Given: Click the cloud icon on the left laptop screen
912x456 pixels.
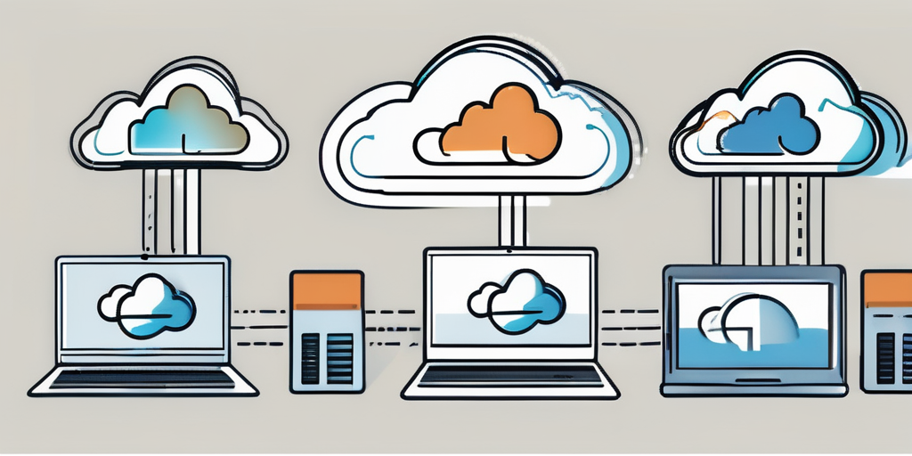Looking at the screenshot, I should click(x=148, y=308).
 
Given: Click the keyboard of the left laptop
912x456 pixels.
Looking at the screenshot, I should click(x=142, y=379).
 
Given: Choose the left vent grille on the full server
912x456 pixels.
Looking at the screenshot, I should click(x=310, y=358).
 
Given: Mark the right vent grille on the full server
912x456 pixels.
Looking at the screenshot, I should click(x=340, y=358).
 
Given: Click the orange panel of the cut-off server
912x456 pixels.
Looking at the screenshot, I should click(x=888, y=290).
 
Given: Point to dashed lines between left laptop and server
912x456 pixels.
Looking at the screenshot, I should click(x=259, y=326).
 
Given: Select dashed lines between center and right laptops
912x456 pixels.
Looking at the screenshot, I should click(x=631, y=326).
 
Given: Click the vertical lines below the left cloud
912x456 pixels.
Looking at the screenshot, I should click(x=170, y=210).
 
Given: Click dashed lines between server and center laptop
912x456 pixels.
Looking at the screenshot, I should click(x=391, y=326).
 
